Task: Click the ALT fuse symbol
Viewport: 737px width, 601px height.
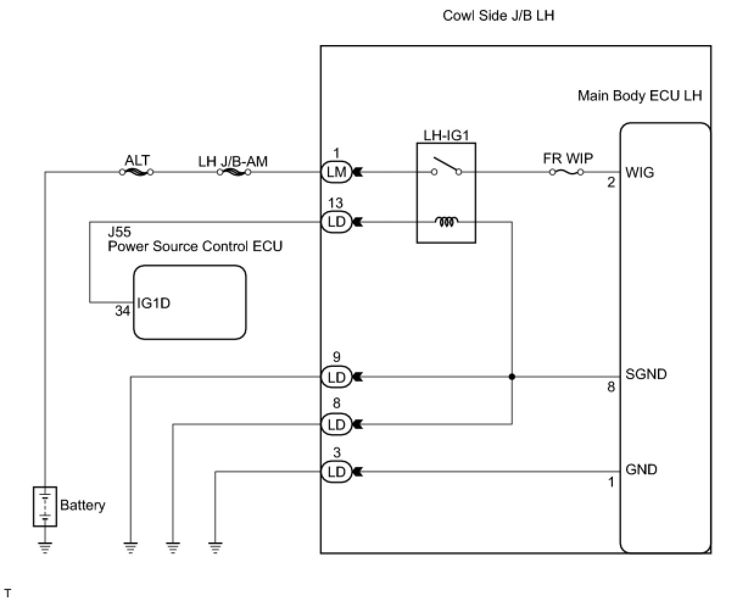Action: coord(136,172)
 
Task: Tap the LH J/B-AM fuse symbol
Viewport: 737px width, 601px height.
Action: coord(233,172)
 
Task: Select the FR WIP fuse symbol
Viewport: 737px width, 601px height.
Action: coord(566,172)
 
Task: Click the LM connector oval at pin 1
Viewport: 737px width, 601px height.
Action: coord(336,172)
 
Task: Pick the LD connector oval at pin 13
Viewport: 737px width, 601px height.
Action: coord(336,222)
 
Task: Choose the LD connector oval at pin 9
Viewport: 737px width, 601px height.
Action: coord(336,377)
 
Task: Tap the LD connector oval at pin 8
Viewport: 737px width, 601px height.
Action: coord(336,424)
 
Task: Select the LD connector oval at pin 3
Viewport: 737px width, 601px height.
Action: coord(336,472)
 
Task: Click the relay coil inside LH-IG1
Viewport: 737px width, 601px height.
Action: coord(446,222)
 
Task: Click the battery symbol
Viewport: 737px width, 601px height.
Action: coord(45,507)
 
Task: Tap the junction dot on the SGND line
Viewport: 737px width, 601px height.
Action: coord(512,377)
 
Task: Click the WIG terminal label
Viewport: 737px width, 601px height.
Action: coord(640,172)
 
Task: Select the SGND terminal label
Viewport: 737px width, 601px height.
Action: coord(646,374)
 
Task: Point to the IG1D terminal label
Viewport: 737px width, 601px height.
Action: coord(153,304)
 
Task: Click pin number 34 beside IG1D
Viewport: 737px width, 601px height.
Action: coord(122,311)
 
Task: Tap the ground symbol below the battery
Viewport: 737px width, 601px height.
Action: coord(45,548)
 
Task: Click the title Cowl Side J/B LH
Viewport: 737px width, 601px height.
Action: coord(499,16)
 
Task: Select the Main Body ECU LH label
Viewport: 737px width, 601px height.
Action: coord(640,96)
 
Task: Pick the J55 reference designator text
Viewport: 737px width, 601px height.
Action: coord(119,232)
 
